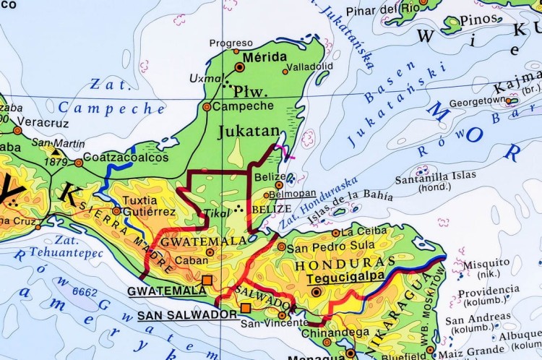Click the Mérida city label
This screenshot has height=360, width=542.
(260, 56)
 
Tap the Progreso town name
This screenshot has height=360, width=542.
(231, 43)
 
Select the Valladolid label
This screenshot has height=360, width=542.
(310, 67)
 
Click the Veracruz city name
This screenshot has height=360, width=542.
(37, 122)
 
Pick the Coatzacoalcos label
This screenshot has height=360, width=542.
(126, 157)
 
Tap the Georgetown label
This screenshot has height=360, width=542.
(477, 100)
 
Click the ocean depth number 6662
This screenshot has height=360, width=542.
(85, 292)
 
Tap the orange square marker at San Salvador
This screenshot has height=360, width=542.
(246, 309)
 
